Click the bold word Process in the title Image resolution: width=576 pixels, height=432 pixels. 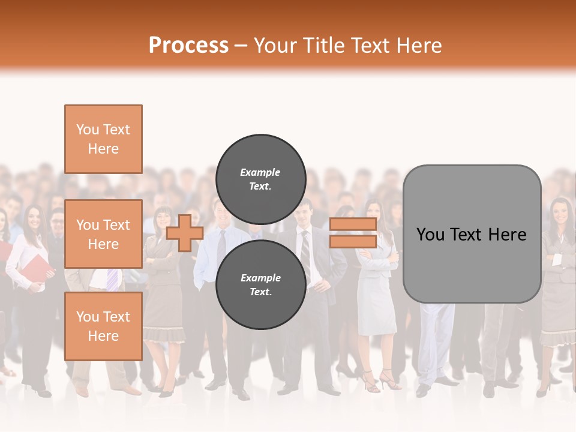pos(188,46)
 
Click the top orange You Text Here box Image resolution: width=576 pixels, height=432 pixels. pos(103,139)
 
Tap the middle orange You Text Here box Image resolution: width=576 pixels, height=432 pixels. pos(103,234)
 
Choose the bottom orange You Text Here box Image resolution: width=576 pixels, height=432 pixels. pos(103,326)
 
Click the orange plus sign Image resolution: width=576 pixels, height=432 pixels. pos(185,233)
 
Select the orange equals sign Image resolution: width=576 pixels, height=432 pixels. pos(353,233)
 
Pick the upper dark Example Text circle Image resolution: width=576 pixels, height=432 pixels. pos(260,179)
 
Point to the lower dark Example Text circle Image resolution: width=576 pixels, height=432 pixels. pos(260,284)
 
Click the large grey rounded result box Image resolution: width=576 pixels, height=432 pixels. pos(472,234)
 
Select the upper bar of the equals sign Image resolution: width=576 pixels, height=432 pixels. pos(353,224)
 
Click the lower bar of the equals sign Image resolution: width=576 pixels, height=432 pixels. pos(353,241)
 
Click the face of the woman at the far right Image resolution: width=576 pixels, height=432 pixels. pos(560,212)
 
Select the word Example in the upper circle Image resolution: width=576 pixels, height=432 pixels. pos(260,172)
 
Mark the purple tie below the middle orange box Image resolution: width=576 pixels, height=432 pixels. pos(112,279)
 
